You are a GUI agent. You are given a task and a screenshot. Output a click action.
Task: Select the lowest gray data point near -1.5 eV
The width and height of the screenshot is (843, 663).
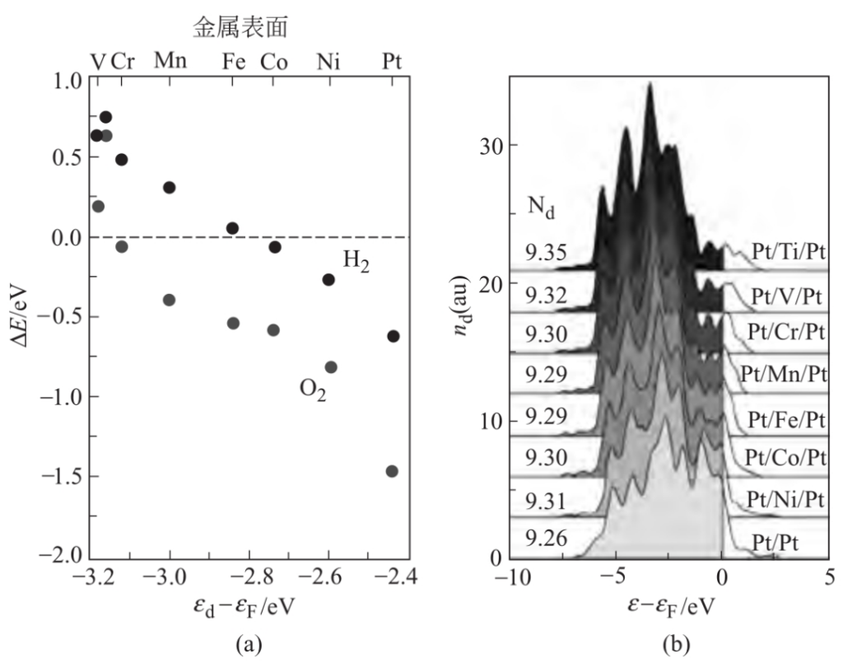point(392,471)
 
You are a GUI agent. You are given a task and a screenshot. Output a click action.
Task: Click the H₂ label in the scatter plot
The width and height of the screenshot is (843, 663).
point(356,261)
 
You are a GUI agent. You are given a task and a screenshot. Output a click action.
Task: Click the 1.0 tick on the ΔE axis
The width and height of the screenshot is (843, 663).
point(63,81)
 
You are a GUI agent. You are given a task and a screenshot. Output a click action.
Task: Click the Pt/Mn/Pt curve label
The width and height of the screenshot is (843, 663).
point(784,374)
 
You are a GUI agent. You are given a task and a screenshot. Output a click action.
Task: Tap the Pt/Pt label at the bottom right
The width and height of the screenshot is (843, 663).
point(779,542)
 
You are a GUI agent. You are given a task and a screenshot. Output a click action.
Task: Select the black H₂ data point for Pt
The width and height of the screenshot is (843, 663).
point(394,336)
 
